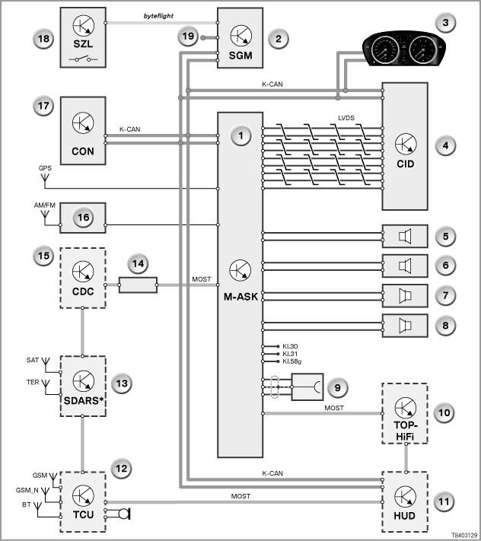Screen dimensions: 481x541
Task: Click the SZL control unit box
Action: click(83, 37)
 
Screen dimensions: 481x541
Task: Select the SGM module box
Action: click(240, 38)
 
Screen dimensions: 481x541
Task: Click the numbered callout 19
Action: click(188, 37)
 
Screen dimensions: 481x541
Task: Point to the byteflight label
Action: click(158, 16)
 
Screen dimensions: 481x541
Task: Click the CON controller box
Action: click(83, 130)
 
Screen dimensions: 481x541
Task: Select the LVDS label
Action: click(346, 118)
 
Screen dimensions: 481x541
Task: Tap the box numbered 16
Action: click(83, 218)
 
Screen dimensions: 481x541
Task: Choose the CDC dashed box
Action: click(83, 278)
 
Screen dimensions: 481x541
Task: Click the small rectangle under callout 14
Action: click(138, 285)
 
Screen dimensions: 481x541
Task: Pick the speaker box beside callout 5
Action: click(405, 237)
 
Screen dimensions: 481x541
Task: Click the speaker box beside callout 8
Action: click(405, 326)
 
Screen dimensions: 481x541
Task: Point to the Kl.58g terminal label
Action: click(292, 361)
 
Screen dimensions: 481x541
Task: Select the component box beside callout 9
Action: click(307, 387)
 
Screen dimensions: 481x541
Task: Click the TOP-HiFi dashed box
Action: click(405, 413)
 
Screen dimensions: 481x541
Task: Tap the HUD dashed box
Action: click(405, 501)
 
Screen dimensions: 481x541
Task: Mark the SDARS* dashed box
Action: click(83, 386)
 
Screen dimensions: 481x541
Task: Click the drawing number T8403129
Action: click(465, 535)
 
